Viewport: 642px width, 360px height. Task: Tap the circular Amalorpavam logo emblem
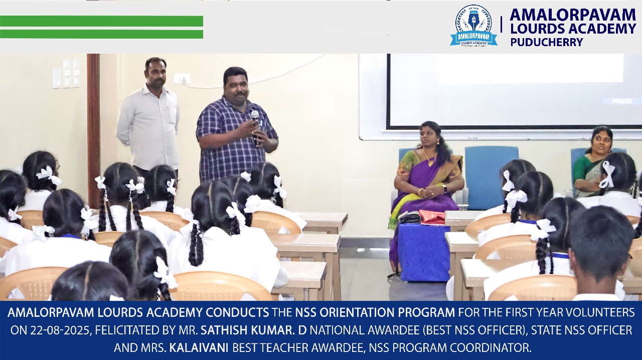(x=473, y=25)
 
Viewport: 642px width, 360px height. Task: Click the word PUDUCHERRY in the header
(x=547, y=42)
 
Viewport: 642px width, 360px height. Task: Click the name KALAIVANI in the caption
(x=199, y=348)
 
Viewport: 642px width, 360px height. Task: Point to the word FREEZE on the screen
(x=622, y=101)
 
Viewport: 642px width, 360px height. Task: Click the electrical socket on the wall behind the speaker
(x=182, y=78)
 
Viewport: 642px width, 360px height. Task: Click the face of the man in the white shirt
(x=156, y=74)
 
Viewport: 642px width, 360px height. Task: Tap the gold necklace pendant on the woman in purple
(x=431, y=163)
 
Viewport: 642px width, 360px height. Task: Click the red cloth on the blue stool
(x=432, y=217)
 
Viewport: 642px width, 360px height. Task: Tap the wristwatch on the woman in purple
(x=444, y=189)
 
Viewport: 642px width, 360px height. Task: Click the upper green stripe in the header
(x=101, y=21)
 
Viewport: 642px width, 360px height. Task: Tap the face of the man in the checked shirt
(x=236, y=86)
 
